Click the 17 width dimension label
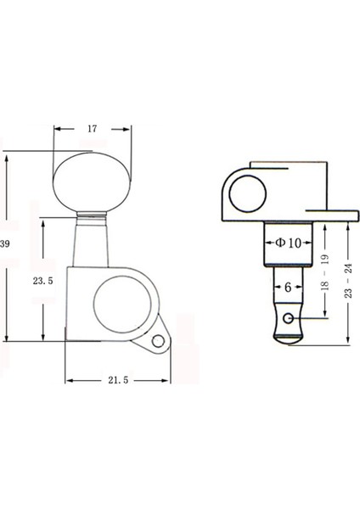tap(93, 129)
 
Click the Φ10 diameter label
tap(288, 242)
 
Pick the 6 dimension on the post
tap(288, 288)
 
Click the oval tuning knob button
tap(93, 180)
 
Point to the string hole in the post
tap(290, 319)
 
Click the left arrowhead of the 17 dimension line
tap(57, 129)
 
